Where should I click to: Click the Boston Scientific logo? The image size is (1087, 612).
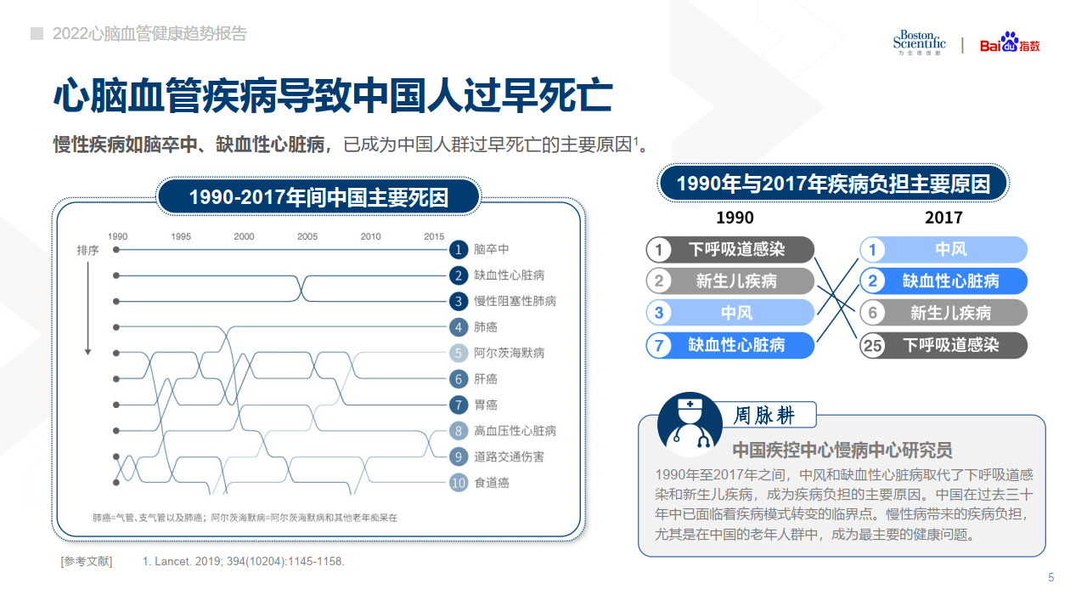(x=919, y=42)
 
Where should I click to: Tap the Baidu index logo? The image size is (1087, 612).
(x=1010, y=43)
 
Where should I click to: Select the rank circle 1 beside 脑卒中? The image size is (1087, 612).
(x=459, y=249)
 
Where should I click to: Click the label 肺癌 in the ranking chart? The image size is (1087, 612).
(x=486, y=327)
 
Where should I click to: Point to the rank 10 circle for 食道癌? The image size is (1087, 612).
(x=459, y=483)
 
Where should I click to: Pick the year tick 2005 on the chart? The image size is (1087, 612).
(x=307, y=236)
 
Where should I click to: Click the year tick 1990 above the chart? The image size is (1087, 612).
(x=117, y=236)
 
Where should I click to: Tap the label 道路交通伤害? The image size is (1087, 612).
(x=510, y=456)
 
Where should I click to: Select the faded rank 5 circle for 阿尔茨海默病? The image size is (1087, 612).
(x=459, y=353)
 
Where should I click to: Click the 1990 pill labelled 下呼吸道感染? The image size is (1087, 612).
(x=729, y=249)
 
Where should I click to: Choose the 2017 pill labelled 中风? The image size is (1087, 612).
(x=943, y=249)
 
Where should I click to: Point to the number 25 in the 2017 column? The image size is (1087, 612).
(x=872, y=345)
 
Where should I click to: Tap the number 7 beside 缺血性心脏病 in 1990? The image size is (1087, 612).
(x=658, y=345)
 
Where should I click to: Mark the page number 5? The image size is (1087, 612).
(x=1050, y=578)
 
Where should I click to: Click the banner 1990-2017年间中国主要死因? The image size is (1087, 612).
(x=318, y=198)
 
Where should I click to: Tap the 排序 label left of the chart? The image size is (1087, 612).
(x=87, y=251)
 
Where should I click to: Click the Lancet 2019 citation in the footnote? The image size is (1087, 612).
(x=244, y=562)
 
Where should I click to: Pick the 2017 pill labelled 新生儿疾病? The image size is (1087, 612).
(x=943, y=313)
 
